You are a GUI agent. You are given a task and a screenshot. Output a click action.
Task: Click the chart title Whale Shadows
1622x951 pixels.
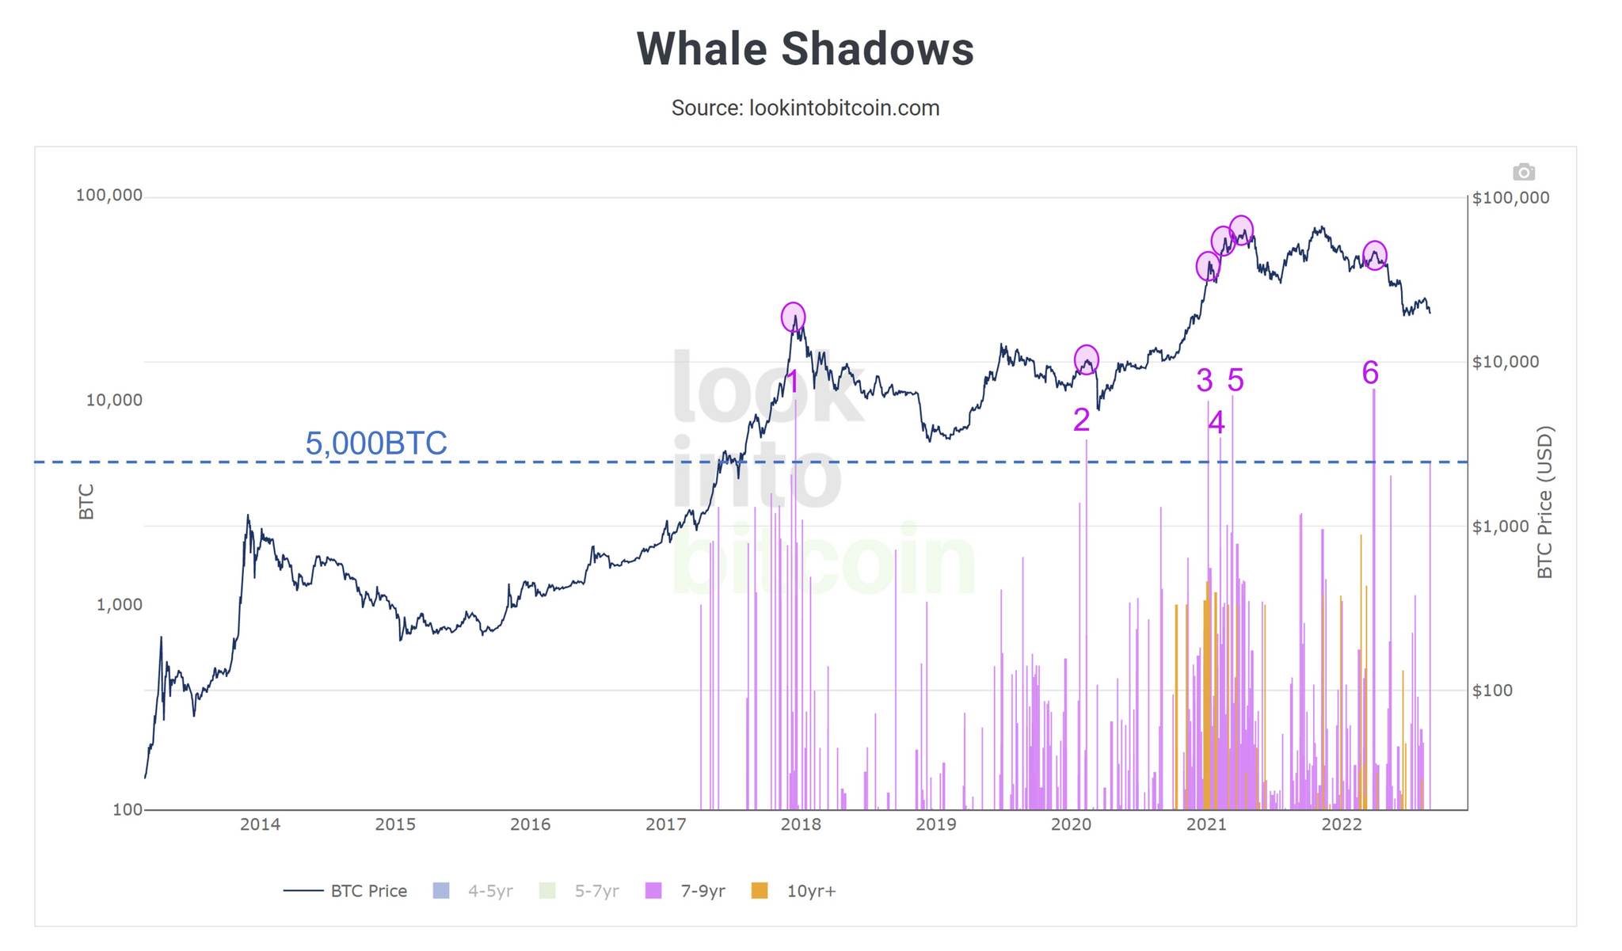pyautogui.click(x=805, y=49)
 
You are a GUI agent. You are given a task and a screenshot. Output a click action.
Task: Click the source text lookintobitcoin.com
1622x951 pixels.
pyautogui.click(x=844, y=108)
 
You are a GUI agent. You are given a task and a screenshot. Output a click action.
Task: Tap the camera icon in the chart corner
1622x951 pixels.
pyautogui.click(x=1523, y=172)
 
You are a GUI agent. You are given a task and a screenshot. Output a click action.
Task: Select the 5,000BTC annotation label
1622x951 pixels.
pyautogui.click(x=376, y=443)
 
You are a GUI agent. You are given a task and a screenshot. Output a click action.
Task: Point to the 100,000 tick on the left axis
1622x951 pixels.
pyautogui.click(x=109, y=195)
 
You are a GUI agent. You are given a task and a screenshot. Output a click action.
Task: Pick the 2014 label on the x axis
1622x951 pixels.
pyautogui.click(x=260, y=824)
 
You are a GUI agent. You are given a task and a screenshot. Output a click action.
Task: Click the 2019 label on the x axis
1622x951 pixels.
pyautogui.click(x=936, y=824)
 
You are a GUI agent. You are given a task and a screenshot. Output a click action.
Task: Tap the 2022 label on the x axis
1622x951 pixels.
pyautogui.click(x=1342, y=824)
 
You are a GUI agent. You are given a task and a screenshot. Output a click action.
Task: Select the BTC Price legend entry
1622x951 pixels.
pyautogui.click(x=345, y=891)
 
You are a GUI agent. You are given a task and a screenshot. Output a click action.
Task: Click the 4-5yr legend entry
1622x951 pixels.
pyautogui.click(x=473, y=891)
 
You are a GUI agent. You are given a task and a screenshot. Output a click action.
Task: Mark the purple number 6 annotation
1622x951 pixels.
pyautogui.click(x=1370, y=372)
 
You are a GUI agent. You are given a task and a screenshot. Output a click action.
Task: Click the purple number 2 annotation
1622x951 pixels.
pyautogui.click(x=1081, y=420)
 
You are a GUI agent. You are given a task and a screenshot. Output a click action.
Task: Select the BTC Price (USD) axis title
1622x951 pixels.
pyautogui.click(x=1545, y=502)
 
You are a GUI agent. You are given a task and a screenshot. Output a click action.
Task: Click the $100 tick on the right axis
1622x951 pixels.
pyautogui.click(x=1493, y=690)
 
